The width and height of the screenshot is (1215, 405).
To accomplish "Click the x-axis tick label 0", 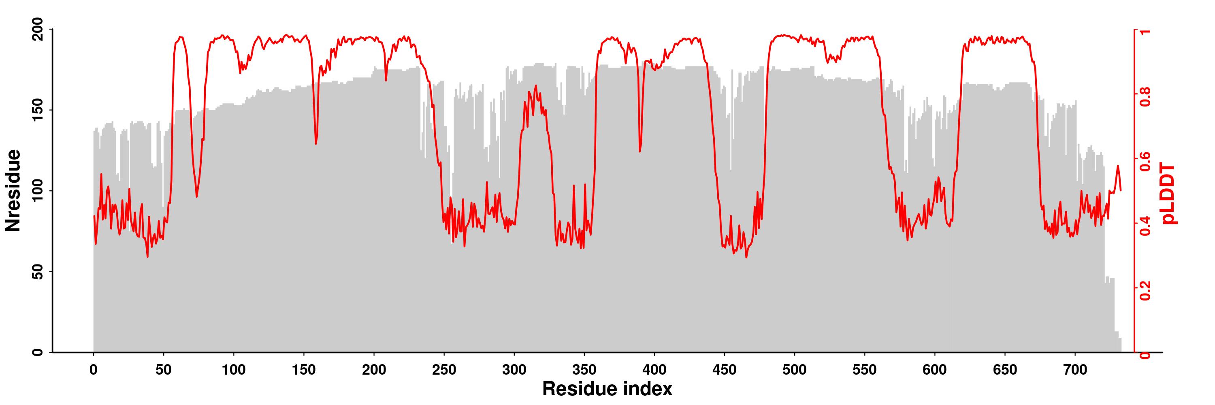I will [x=94, y=370].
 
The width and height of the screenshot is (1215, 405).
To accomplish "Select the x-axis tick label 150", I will [x=304, y=370].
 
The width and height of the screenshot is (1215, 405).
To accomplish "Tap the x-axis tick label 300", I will [x=514, y=370].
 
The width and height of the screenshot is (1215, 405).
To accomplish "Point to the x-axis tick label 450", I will [x=725, y=370].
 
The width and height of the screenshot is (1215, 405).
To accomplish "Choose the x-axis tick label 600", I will [x=935, y=370].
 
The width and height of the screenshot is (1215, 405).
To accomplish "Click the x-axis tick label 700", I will [x=1075, y=370].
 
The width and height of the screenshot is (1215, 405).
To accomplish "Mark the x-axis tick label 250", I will [x=444, y=370].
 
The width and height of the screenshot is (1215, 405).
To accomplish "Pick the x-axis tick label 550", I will [x=865, y=370].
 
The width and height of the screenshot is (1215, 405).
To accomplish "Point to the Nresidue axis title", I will [x=13, y=190].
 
